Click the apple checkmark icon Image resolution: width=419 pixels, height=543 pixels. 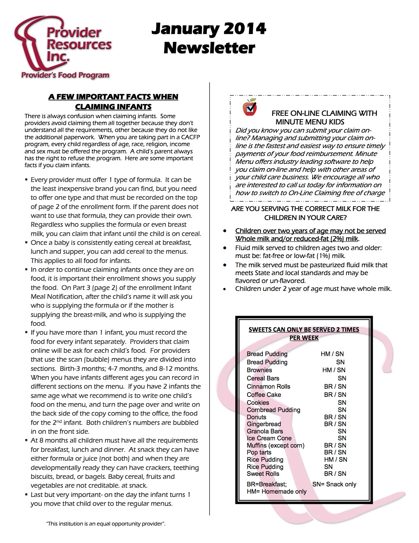pyautogui.click(x=249, y=107)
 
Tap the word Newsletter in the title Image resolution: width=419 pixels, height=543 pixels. pyautogui.click(x=209, y=48)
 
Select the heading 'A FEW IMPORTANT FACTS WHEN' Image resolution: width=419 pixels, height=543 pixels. pyautogui.click(x=113, y=97)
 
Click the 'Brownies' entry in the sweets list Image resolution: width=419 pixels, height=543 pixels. pyautogui.click(x=259, y=370)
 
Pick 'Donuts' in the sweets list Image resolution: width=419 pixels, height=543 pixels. pyautogui.click(x=256, y=417)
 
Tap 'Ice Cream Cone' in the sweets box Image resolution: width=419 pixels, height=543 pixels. pyautogui.click(x=269, y=438)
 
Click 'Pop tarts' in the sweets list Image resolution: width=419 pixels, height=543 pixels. pyautogui.click(x=259, y=452)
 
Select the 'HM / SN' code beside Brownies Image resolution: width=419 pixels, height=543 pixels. pyautogui.click(x=334, y=370)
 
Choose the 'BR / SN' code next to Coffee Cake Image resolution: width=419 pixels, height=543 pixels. pyautogui.click(x=335, y=395)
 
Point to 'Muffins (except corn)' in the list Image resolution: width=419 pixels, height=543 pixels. pyautogui.click(x=275, y=445)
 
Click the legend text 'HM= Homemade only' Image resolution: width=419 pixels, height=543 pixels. pyautogui.click(x=276, y=491)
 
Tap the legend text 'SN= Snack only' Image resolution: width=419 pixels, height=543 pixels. pyautogui.click(x=334, y=484)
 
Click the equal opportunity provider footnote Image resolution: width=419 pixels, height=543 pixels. pyautogui.click(x=106, y=524)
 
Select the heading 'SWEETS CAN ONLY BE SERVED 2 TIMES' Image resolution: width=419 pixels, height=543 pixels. pyautogui.click(x=304, y=329)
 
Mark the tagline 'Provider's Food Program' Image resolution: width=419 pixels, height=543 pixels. pyautogui.click(x=65, y=75)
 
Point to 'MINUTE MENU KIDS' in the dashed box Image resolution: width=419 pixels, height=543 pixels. pyautogui.click(x=310, y=122)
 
